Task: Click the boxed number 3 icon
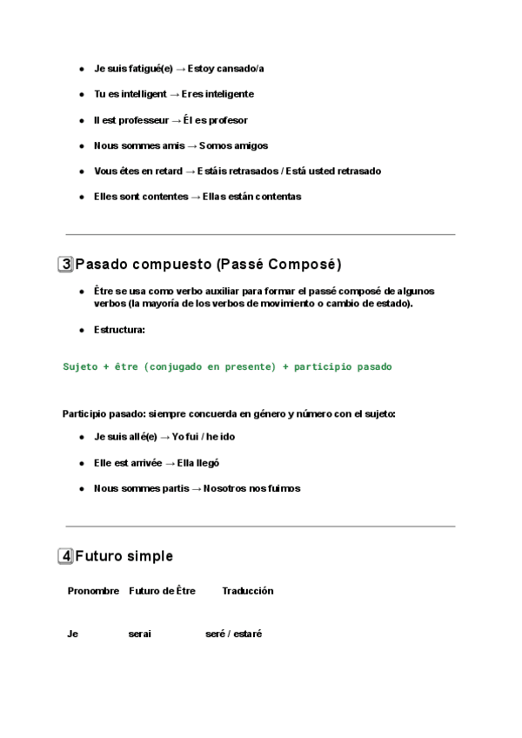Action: click(x=66, y=265)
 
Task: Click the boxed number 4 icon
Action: click(x=66, y=556)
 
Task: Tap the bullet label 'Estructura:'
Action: click(x=119, y=330)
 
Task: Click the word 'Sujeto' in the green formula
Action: click(x=81, y=367)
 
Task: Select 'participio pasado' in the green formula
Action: click(x=343, y=367)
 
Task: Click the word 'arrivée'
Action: click(x=145, y=463)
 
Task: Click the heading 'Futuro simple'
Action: click(x=124, y=556)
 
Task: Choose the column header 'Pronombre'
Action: click(x=93, y=591)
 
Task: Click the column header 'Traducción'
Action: click(x=248, y=591)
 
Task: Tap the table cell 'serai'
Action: click(x=139, y=634)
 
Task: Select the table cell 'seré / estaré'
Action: click(x=234, y=634)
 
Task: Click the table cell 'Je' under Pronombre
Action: click(x=72, y=634)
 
